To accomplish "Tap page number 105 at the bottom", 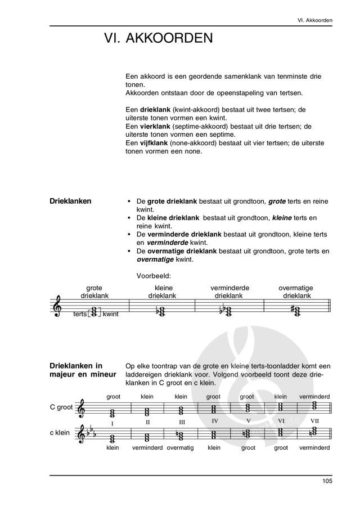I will pos(327,482).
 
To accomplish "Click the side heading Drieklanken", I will pos(71,201).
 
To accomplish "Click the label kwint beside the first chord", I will pos(110,314).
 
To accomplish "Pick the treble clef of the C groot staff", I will pos(83,409).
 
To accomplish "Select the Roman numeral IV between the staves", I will pos(215,421).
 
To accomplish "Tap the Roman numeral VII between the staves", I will pos(314,421).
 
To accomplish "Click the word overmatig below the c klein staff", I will pos(180,449).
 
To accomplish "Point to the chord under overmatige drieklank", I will pos(295,310).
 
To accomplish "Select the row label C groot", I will pos(61,407).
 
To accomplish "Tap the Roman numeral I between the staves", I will pos(112,423).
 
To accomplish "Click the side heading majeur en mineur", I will pos(83,374).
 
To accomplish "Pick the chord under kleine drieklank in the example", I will pos(161,311).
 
